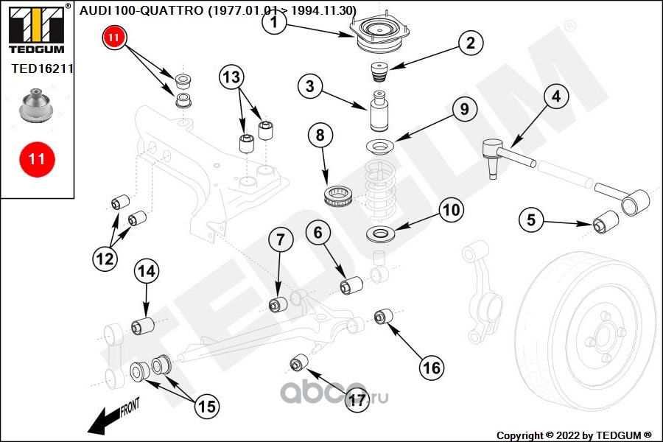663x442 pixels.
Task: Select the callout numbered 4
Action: (555, 97)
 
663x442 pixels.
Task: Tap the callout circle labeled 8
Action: (320, 136)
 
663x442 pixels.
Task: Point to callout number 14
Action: (147, 271)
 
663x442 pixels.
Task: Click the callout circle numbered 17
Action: (357, 400)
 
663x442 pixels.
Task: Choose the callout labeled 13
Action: (231, 77)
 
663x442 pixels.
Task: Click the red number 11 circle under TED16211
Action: (36, 158)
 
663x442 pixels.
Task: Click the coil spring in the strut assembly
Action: (380, 187)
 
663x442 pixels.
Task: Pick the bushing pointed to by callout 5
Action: (605, 220)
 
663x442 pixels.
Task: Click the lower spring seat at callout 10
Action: (381, 236)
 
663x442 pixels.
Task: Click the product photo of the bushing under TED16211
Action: (36, 105)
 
